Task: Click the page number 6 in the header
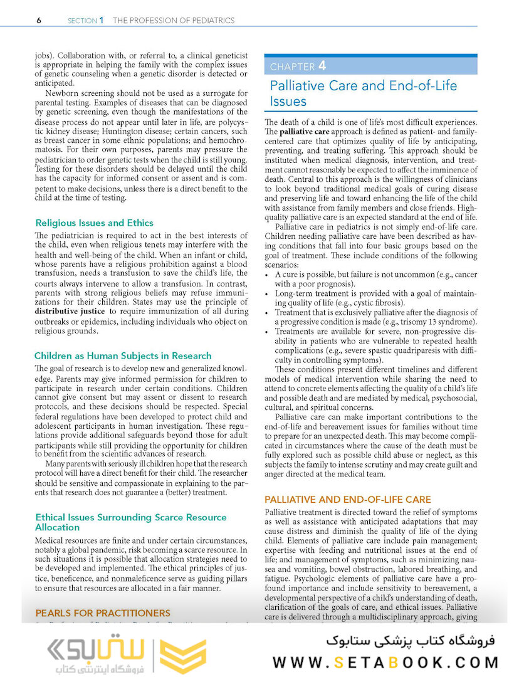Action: (x=39, y=21)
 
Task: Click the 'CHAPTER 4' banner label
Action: (x=298, y=66)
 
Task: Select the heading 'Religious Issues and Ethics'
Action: (x=95, y=223)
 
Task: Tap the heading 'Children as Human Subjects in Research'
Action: (x=123, y=355)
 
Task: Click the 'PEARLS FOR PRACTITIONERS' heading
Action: (x=103, y=613)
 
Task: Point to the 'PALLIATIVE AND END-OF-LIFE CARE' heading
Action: (x=348, y=500)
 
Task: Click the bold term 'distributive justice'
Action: (x=70, y=311)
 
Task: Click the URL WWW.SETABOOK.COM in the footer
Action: (x=385, y=662)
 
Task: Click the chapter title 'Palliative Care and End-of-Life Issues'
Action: (x=364, y=93)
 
